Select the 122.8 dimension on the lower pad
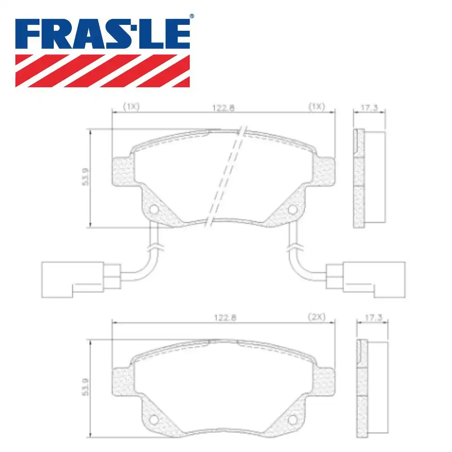click(223, 317)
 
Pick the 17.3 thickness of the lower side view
click(372, 318)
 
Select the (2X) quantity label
click(316, 317)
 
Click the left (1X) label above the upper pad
click(131, 108)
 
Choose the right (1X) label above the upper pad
click(316, 108)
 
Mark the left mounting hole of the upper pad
click(154, 210)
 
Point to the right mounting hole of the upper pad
click(293, 209)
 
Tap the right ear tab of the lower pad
click(325, 380)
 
